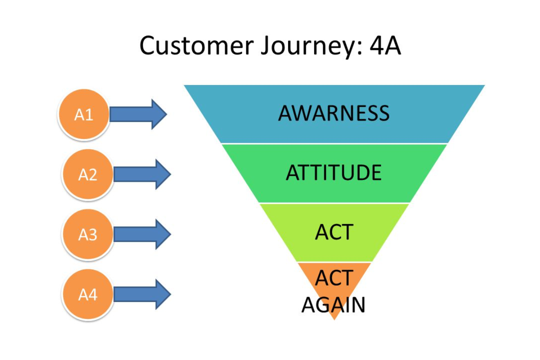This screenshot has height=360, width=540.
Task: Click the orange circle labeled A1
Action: click(x=84, y=115)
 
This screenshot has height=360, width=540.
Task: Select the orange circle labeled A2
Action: click(x=88, y=174)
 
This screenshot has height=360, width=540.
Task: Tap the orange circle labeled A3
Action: click(x=88, y=234)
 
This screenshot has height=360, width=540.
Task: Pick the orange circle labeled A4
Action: click(x=88, y=294)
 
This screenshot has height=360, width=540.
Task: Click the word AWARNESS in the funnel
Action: click(x=333, y=113)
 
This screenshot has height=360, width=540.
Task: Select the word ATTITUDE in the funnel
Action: click(x=333, y=173)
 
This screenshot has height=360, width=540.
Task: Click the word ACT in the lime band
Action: click(x=334, y=232)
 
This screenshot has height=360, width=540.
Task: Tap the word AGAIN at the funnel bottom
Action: click(x=333, y=305)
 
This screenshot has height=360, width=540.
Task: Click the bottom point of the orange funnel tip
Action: click(x=334, y=319)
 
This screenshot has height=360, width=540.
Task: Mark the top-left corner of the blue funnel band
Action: click(x=184, y=85)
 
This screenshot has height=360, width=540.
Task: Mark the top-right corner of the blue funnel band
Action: click(x=484, y=85)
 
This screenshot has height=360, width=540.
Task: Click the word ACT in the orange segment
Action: click(x=334, y=278)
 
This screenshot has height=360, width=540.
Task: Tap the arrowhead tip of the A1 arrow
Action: click(x=166, y=114)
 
